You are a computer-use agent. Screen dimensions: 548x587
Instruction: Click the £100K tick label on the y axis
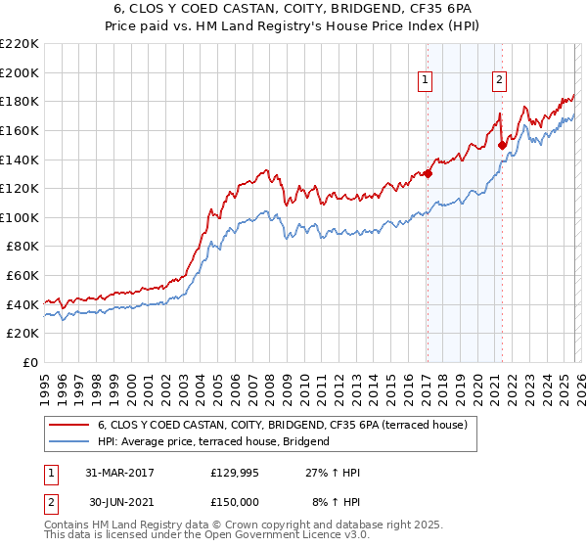pos(20,217)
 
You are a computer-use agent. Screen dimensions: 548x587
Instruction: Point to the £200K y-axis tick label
pos(20,72)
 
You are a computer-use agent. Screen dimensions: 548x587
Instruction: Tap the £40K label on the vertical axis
pos(23,304)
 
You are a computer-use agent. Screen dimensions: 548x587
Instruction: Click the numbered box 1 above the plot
pos(427,81)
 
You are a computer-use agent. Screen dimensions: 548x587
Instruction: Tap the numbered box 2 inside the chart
pos(499,81)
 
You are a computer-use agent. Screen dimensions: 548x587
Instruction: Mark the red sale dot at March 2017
pos(428,174)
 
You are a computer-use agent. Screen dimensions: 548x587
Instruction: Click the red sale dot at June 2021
pos(502,145)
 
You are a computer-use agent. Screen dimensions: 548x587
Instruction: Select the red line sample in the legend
pos(68,426)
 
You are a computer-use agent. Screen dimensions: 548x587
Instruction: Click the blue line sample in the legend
pos(68,441)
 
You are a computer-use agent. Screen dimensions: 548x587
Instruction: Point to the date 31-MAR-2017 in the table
pos(119,473)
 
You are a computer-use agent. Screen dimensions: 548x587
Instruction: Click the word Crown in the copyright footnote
pos(238,525)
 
